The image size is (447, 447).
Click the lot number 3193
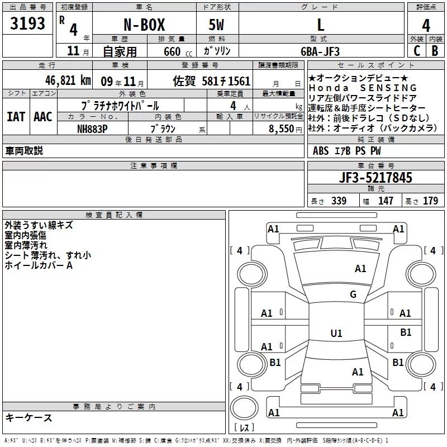coord(27,23)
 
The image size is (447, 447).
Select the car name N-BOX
coord(144,25)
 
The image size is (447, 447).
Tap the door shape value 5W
coord(216,25)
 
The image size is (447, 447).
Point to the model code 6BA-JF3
coord(320,51)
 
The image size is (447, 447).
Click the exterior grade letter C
coord(417,51)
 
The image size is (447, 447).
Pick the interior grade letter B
coord(435,51)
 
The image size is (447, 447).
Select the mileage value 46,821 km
coord(68,80)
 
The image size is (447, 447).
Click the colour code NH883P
coord(92,129)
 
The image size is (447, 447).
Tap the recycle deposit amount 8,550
coord(282,129)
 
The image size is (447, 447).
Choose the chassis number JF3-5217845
coord(375,178)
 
